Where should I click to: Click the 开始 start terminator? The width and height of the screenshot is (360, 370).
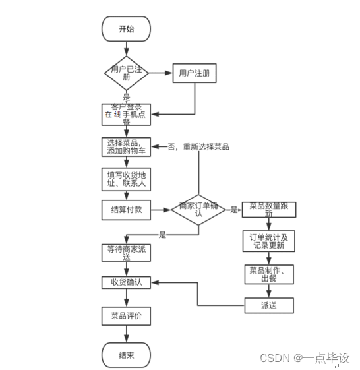click(x=126, y=29)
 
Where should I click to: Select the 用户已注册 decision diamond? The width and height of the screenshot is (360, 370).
click(x=126, y=73)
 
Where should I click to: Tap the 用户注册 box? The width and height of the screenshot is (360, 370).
click(x=195, y=73)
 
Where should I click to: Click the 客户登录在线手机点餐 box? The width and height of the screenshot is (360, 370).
click(x=126, y=113)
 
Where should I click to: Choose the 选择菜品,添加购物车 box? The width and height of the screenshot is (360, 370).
click(x=126, y=146)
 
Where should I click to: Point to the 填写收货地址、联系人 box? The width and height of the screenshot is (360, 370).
click(x=126, y=179)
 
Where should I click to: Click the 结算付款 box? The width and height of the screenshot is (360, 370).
click(x=126, y=210)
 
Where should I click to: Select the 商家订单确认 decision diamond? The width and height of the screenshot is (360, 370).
click(x=198, y=209)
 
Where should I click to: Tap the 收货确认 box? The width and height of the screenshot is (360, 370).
click(x=126, y=282)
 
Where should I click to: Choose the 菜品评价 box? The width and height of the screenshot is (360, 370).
click(x=126, y=316)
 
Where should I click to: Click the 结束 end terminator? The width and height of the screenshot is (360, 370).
click(x=126, y=355)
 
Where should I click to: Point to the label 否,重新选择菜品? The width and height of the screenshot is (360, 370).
click(x=198, y=147)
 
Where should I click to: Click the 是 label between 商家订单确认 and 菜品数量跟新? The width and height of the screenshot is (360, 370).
click(x=234, y=210)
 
